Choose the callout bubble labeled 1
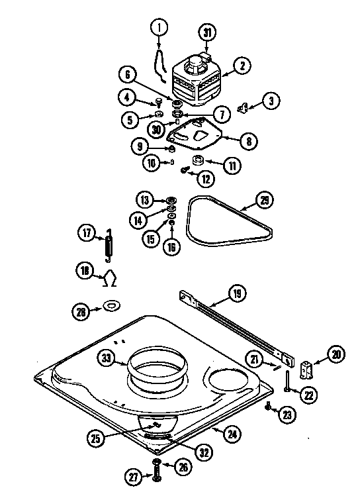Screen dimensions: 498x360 159,28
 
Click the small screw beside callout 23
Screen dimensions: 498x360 268,407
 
